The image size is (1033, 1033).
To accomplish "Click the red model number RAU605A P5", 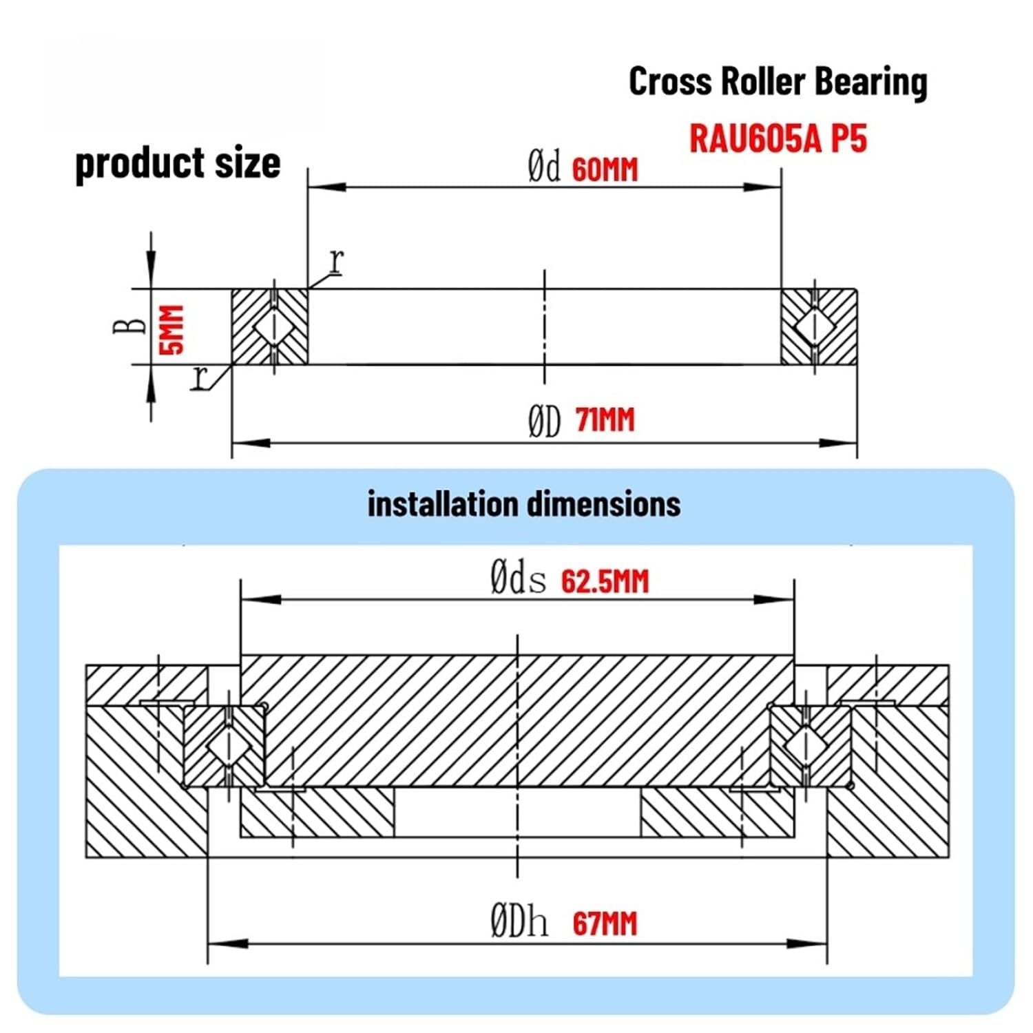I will pyautogui.click(x=778, y=139).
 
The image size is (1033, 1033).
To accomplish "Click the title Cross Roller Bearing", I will pyautogui.click(x=778, y=82).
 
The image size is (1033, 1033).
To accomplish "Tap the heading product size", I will pyautogui.click(x=178, y=164).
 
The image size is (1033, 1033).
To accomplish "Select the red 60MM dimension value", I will pyautogui.click(x=605, y=170).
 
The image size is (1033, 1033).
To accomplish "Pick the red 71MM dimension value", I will pyautogui.click(x=605, y=420).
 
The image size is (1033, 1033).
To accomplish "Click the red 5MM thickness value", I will pyautogui.click(x=172, y=329).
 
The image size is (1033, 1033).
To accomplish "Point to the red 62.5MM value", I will pyautogui.click(x=605, y=582).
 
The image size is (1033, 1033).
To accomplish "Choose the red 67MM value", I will pyautogui.click(x=605, y=924).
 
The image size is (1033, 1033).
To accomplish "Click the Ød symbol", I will pyautogui.click(x=544, y=167).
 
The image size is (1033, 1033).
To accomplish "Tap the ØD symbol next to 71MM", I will pyautogui.click(x=544, y=421).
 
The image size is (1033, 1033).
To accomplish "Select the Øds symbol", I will pyautogui.click(x=518, y=578).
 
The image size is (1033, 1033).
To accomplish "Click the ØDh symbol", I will pyautogui.click(x=519, y=921).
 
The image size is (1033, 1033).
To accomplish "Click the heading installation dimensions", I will pyautogui.click(x=523, y=504).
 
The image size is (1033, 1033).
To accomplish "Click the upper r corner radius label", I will pyautogui.click(x=336, y=261).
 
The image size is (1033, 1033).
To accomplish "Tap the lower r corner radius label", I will pyautogui.click(x=200, y=377).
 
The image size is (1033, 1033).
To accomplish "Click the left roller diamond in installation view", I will pyautogui.click(x=226, y=747).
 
